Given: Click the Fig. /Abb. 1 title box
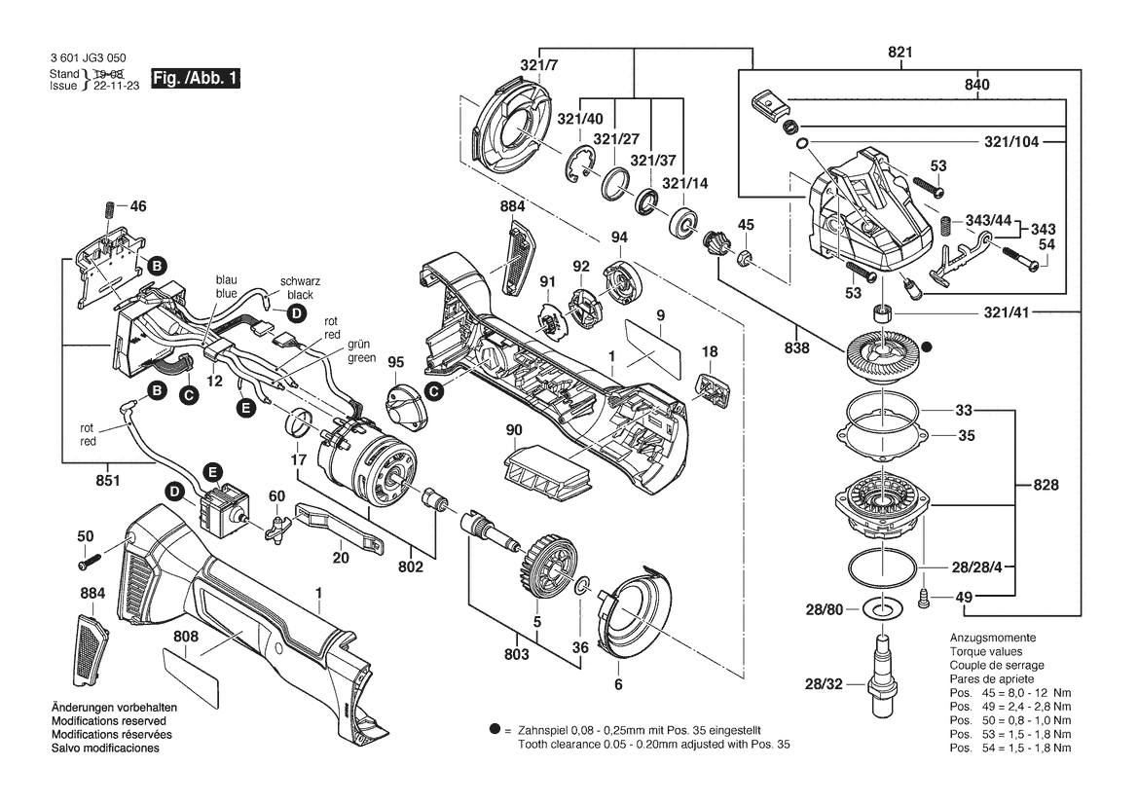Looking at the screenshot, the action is point(196,79).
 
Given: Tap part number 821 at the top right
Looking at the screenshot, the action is point(899,53).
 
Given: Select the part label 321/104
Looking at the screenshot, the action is point(1011,142).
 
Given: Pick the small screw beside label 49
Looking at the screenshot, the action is point(924,598).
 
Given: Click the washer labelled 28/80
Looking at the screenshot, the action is point(882,608).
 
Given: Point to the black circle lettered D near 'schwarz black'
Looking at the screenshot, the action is point(296,314).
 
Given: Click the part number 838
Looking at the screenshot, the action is point(796,348).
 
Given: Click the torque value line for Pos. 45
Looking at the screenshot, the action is point(1010,693).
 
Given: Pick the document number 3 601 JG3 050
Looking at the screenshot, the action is point(88,58).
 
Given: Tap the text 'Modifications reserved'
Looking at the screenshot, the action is point(109,721).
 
